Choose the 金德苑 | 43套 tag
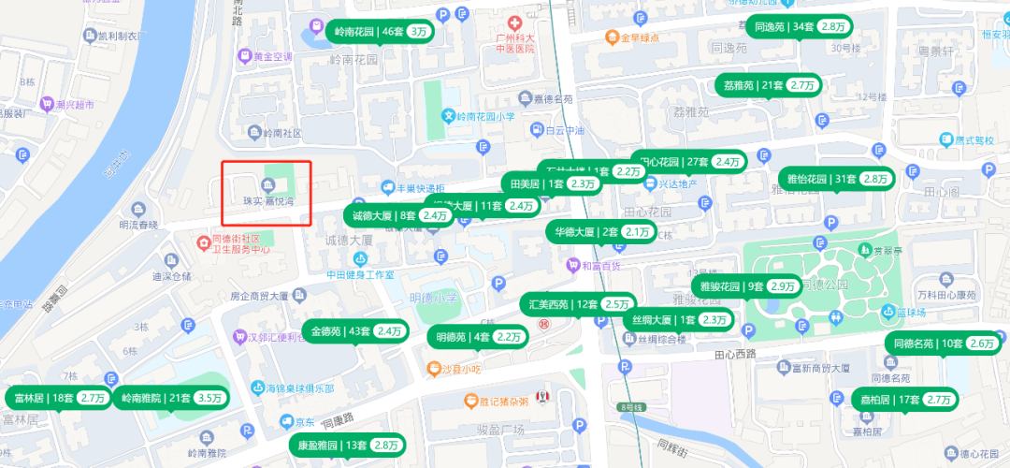(358, 331)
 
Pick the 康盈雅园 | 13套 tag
(346, 445)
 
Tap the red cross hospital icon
(513, 22)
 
